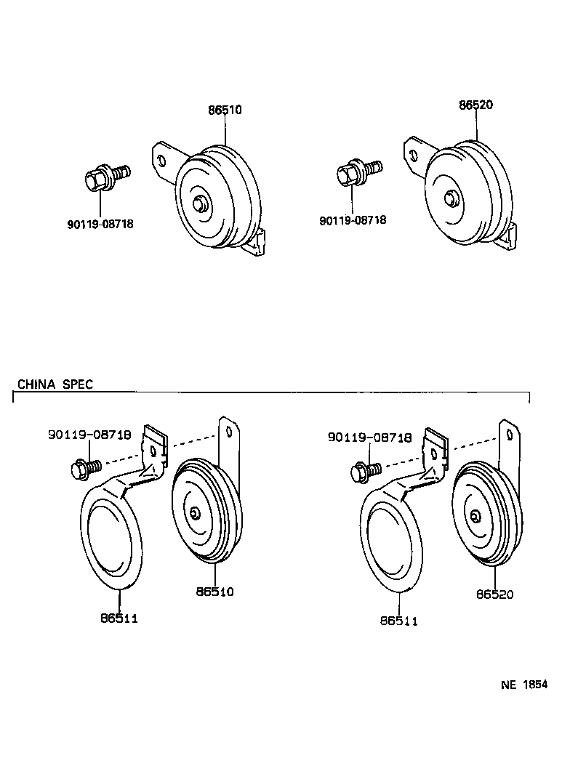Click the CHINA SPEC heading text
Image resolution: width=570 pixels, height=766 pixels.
pyautogui.click(x=55, y=384)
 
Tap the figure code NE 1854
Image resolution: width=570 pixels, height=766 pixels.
pyautogui.click(x=524, y=685)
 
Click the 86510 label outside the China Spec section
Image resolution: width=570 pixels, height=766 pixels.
pyautogui.click(x=225, y=110)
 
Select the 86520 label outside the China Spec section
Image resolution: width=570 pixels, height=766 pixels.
pyautogui.click(x=475, y=105)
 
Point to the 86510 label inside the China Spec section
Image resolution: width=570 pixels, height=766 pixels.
pyautogui.click(x=215, y=592)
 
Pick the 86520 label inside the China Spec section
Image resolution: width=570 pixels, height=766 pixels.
pyautogui.click(x=495, y=594)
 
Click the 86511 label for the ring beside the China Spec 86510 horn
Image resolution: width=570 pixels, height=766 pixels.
pyautogui.click(x=119, y=618)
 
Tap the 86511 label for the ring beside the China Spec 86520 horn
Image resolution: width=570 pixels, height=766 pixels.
pyautogui.click(x=399, y=621)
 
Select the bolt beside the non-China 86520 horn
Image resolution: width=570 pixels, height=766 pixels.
pyautogui.click(x=359, y=172)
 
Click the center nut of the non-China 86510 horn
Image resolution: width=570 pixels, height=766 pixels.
pyautogui.click(x=199, y=203)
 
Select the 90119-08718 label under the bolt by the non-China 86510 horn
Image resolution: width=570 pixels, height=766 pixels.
pyautogui.click(x=100, y=224)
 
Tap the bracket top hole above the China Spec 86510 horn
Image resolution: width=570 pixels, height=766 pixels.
pyautogui.click(x=228, y=432)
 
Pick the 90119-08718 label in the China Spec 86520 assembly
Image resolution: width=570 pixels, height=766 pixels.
pyautogui.click(x=369, y=438)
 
